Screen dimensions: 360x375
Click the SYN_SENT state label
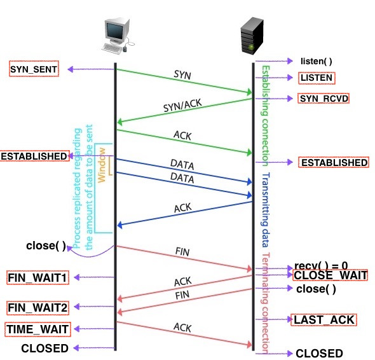click(x=34, y=69)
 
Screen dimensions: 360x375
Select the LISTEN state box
click(x=317, y=78)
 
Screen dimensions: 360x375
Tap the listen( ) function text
click(x=316, y=62)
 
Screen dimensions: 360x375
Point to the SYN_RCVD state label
click(x=324, y=99)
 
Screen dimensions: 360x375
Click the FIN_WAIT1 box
click(x=37, y=277)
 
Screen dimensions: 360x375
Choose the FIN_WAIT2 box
click(x=37, y=308)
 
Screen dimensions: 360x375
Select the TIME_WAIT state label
click(x=37, y=329)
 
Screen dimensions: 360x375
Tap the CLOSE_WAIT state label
click(x=331, y=275)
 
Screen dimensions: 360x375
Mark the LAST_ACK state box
click(x=324, y=319)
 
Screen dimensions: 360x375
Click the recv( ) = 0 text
click(x=322, y=265)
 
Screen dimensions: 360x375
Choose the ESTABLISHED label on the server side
click(x=333, y=163)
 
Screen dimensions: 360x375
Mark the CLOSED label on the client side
click(x=44, y=348)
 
